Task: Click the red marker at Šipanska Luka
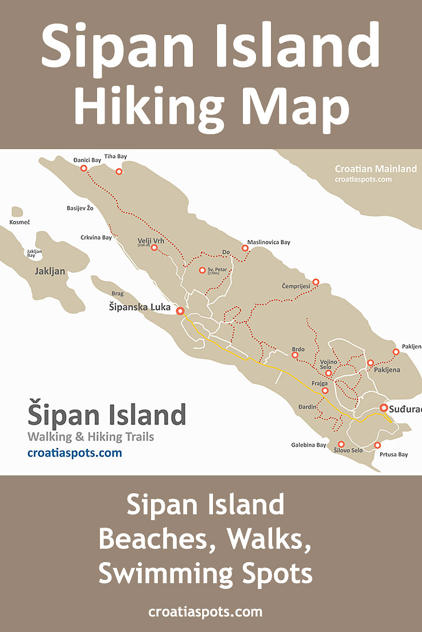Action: coord(180,311)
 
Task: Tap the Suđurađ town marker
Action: coord(384,408)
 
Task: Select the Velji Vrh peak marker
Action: coord(154,248)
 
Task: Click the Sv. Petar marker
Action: coord(202,270)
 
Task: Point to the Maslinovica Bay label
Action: coord(269,242)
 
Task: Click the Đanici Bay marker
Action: coord(84,168)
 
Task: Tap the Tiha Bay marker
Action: coord(119,171)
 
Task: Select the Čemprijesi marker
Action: coord(315,282)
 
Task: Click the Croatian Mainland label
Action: coord(375,169)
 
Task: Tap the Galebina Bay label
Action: coord(308,445)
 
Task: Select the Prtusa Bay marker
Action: coord(377,445)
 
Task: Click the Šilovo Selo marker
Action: coord(341,444)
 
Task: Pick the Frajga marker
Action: coord(325,391)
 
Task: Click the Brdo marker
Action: coord(295,356)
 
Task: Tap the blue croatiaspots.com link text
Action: coord(75,453)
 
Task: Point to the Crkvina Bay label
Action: coord(96,237)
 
